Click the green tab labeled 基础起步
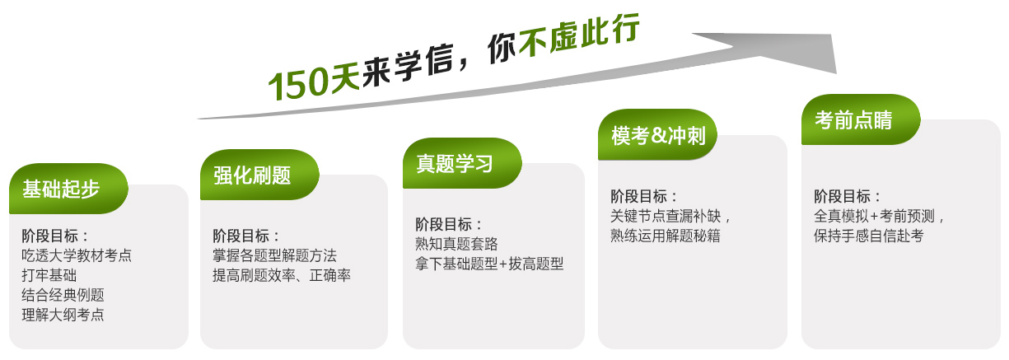click(68, 189)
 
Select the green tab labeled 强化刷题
click(259, 175)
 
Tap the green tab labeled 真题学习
click(462, 163)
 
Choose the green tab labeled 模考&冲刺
click(657, 134)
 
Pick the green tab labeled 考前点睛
click(861, 119)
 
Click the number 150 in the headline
click(297, 84)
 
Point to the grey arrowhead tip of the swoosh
click(835, 72)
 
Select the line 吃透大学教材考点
click(77, 255)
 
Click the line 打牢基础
click(49, 275)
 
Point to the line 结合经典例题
click(63, 295)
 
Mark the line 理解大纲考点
click(63, 315)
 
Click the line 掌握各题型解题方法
click(275, 255)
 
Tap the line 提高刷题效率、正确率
click(282, 275)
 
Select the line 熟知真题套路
click(456, 244)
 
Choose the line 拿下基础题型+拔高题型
click(489, 264)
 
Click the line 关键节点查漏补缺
click(666, 216)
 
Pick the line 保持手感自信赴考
click(869, 235)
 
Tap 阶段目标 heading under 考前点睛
click(842, 196)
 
